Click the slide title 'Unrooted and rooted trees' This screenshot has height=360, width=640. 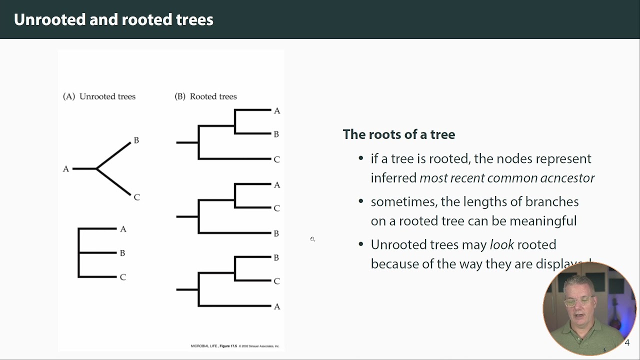pyautogui.click(x=113, y=19)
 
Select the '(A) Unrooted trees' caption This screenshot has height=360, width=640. pyautogui.click(x=99, y=96)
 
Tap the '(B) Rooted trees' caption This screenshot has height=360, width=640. pyautogui.click(x=205, y=96)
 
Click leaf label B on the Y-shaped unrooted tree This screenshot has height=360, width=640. pyautogui.click(x=136, y=140)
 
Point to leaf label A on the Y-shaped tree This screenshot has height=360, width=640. pyautogui.click(x=65, y=169)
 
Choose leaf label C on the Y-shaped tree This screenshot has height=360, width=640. pyautogui.click(x=136, y=197)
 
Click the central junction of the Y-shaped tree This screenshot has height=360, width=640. pyautogui.click(x=96, y=169)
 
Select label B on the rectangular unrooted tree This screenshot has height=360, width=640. pyautogui.click(x=122, y=253)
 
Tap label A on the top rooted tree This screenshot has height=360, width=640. pyautogui.click(x=277, y=111)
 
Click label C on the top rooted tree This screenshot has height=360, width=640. pyautogui.click(x=276, y=159)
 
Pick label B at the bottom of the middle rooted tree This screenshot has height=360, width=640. pyautogui.click(x=276, y=233)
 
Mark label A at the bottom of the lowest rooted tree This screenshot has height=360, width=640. pyautogui.click(x=277, y=306)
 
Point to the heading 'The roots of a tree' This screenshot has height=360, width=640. pyautogui.click(x=398, y=134)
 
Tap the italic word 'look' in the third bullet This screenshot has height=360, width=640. pyautogui.click(x=501, y=244)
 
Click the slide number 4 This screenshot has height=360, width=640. pyautogui.click(x=627, y=343)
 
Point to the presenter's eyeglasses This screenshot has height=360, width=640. pyautogui.click(x=578, y=301)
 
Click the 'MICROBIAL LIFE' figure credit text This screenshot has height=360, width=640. pyautogui.click(x=204, y=346)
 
